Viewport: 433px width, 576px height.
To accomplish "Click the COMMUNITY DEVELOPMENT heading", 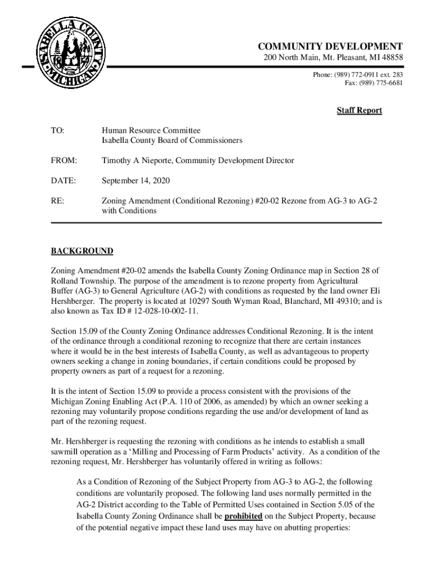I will coord(330,46).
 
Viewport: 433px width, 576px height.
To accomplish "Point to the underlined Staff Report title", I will coord(359,110).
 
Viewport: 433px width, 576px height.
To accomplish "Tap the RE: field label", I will coord(57,201).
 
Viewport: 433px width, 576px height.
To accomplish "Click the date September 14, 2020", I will coord(136,181).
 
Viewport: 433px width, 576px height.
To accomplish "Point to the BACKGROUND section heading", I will coord(82,251).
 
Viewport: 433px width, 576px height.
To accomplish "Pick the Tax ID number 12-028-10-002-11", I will coord(166,311).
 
